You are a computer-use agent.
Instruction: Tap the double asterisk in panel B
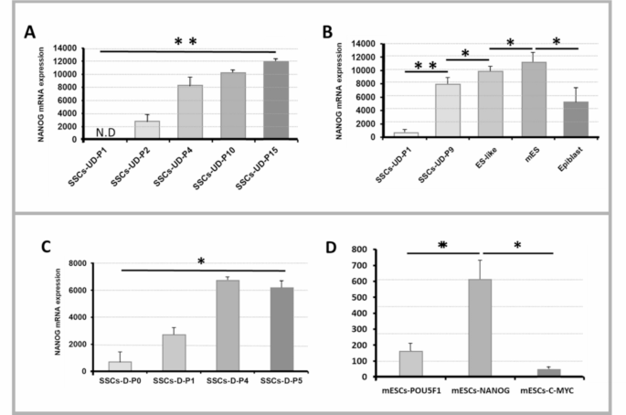427,67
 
